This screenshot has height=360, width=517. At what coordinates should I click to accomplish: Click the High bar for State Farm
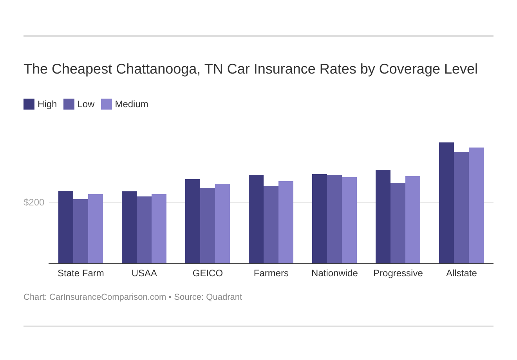(x=66, y=227)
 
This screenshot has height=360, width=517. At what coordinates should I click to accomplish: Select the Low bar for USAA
(x=144, y=230)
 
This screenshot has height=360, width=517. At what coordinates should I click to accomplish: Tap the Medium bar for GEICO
(x=222, y=224)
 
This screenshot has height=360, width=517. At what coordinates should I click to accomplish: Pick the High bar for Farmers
(x=256, y=220)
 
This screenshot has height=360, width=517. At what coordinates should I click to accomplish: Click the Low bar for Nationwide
(x=334, y=220)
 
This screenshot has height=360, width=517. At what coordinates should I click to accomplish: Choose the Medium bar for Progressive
(x=413, y=220)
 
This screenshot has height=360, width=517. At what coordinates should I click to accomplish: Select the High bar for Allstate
(x=446, y=203)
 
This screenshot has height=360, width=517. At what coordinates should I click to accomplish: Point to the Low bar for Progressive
(x=398, y=223)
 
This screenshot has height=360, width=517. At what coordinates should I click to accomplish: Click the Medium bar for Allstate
(x=476, y=205)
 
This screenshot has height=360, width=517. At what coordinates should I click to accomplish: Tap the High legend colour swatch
(x=29, y=104)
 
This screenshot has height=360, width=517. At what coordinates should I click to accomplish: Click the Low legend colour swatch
(x=69, y=104)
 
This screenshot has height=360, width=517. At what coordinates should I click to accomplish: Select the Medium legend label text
(x=132, y=104)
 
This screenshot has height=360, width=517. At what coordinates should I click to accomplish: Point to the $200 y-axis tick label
(x=34, y=202)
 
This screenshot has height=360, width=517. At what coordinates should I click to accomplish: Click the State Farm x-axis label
(x=81, y=273)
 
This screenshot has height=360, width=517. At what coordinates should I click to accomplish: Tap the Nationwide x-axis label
(x=334, y=273)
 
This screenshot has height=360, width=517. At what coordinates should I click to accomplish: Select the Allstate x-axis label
(x=461, y=273)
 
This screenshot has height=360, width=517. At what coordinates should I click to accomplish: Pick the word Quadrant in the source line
(x=224, y=297)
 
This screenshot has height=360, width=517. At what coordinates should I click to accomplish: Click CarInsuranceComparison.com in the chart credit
(x=108, y=297)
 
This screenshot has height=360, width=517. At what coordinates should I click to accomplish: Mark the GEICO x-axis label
(x=208, y=273)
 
